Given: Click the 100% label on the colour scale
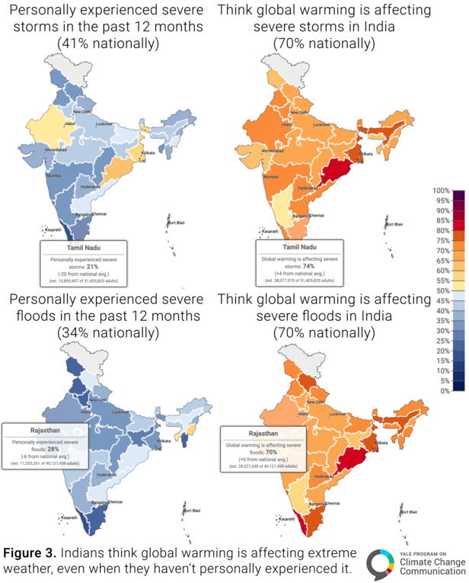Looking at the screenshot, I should coord(442,191).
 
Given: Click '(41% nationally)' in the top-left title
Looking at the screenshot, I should coord(107,43).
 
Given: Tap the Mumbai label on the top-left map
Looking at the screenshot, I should coord(55,175).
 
